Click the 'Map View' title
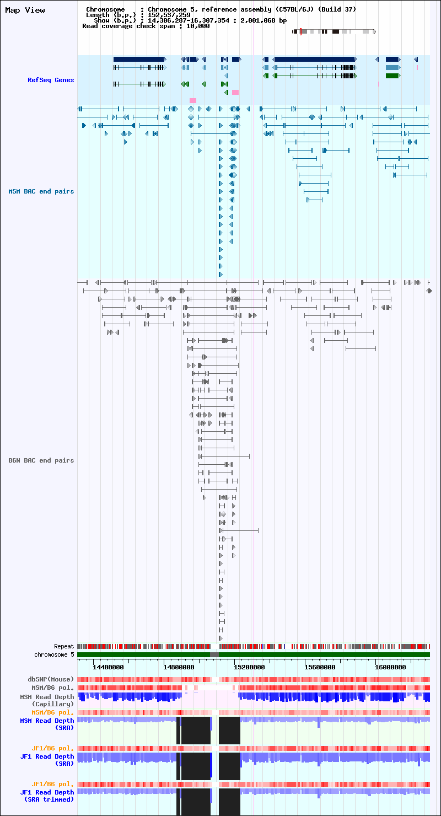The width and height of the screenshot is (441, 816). click(x=25, y=10)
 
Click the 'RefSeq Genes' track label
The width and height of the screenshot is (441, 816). click(x=51, y=80)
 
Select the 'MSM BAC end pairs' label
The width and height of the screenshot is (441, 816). click(x=41, y=191)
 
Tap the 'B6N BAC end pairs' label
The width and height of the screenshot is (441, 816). click(x=41, y=460)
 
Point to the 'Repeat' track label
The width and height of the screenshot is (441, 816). click(x=64, y=646)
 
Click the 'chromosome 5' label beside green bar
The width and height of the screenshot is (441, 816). click(x=54, y=654)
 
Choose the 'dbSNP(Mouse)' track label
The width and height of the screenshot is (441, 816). click(x=51, y=679)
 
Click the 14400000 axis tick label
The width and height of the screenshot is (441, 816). click(x=108, y=667)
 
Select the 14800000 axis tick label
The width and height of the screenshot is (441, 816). click(x=179, y=667)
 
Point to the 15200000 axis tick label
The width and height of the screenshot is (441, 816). click(x=250, y=667)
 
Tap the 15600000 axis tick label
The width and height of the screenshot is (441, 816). click(x=320, y=667)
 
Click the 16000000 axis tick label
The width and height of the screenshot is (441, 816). click(x=390, y=667)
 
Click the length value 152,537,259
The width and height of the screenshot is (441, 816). click(x=169, y=15)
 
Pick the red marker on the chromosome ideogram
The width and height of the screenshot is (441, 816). click(x=300, y=31)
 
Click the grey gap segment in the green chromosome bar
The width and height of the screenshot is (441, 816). click(x=214, y=655)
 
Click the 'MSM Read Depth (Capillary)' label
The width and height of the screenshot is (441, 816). click(x=47, y=701)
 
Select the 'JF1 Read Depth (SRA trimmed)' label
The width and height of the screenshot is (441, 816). click(x=47, y=796)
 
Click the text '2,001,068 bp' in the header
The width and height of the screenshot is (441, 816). click(x=263, y=20)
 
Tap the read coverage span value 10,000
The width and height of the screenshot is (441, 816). click(x=198, y=26)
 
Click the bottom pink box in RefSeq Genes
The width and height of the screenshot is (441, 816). click(x=193, y=100)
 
